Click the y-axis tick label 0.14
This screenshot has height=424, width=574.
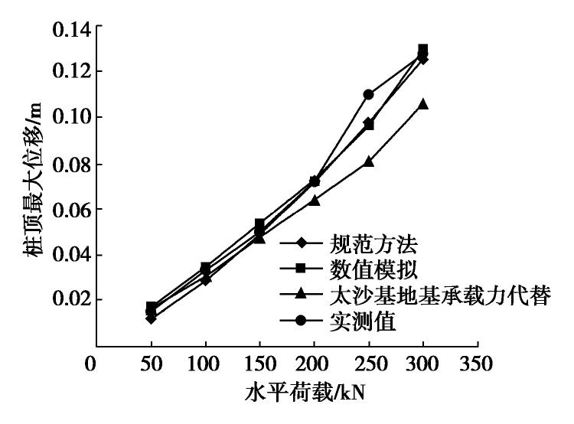point(70,29)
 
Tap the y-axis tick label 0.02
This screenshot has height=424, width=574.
point(70,299)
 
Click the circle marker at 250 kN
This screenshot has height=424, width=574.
point(368,94)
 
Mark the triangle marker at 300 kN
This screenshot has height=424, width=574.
point(422,104)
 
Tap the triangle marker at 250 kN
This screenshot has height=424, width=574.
point(368,161)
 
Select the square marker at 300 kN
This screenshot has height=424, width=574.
point(422,49)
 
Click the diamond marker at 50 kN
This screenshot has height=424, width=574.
point(151,318)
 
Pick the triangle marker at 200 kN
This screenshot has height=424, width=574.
point(314,201)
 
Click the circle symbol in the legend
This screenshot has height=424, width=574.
point(301,320)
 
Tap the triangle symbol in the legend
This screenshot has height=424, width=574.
point(301,295)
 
